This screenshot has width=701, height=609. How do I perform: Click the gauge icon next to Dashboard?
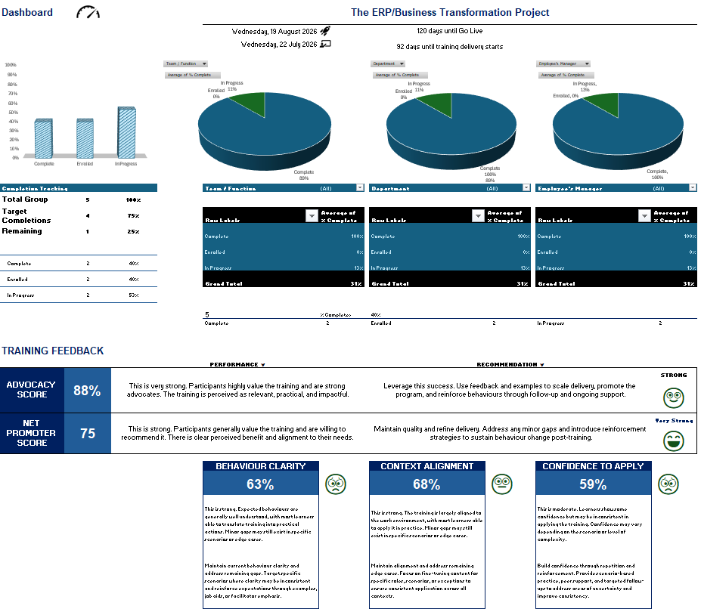pyautogui.click(x=88, y=13)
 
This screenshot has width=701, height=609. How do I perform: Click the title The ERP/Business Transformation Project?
pyautogui.click(x=450, y=12)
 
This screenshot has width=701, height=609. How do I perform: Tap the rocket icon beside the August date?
pyautogui.click(x=325, y=31)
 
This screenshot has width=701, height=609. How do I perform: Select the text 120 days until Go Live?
pyautogui.click(x=449, y=31)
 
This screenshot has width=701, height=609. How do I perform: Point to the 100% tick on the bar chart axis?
pyautogui.click(x=11, y=65)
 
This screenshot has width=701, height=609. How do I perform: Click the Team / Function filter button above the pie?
pyautogui.click(x=185, y=64)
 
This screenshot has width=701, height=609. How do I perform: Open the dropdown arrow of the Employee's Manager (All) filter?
pyautogui.click(x=692, y=188)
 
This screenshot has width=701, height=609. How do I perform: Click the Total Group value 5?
pyautogui.click(x=87, y=199)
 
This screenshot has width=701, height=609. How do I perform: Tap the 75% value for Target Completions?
pyautogui.click(x=133, y=215)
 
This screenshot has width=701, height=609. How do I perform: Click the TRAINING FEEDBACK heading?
pyautogui.click(x=53, y=351)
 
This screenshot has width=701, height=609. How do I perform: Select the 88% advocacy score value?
pyautogui.click(x=87, y=391)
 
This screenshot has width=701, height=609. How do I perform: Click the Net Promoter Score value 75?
pyautogui.click(x=87, y=434)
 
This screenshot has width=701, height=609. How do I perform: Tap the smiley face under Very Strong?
pyautogui.click(x=673, y=441)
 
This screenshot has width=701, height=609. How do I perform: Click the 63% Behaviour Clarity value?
pyautogui.click(x=260, y=484)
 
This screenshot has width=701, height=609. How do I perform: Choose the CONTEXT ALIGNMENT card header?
pyautogui.click(x=427, y=466)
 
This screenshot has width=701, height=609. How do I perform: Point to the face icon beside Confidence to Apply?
pyautogui.click(x=668, y=484)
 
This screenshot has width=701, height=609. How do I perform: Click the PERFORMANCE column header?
pyautogui.click(x=237, y=364)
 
